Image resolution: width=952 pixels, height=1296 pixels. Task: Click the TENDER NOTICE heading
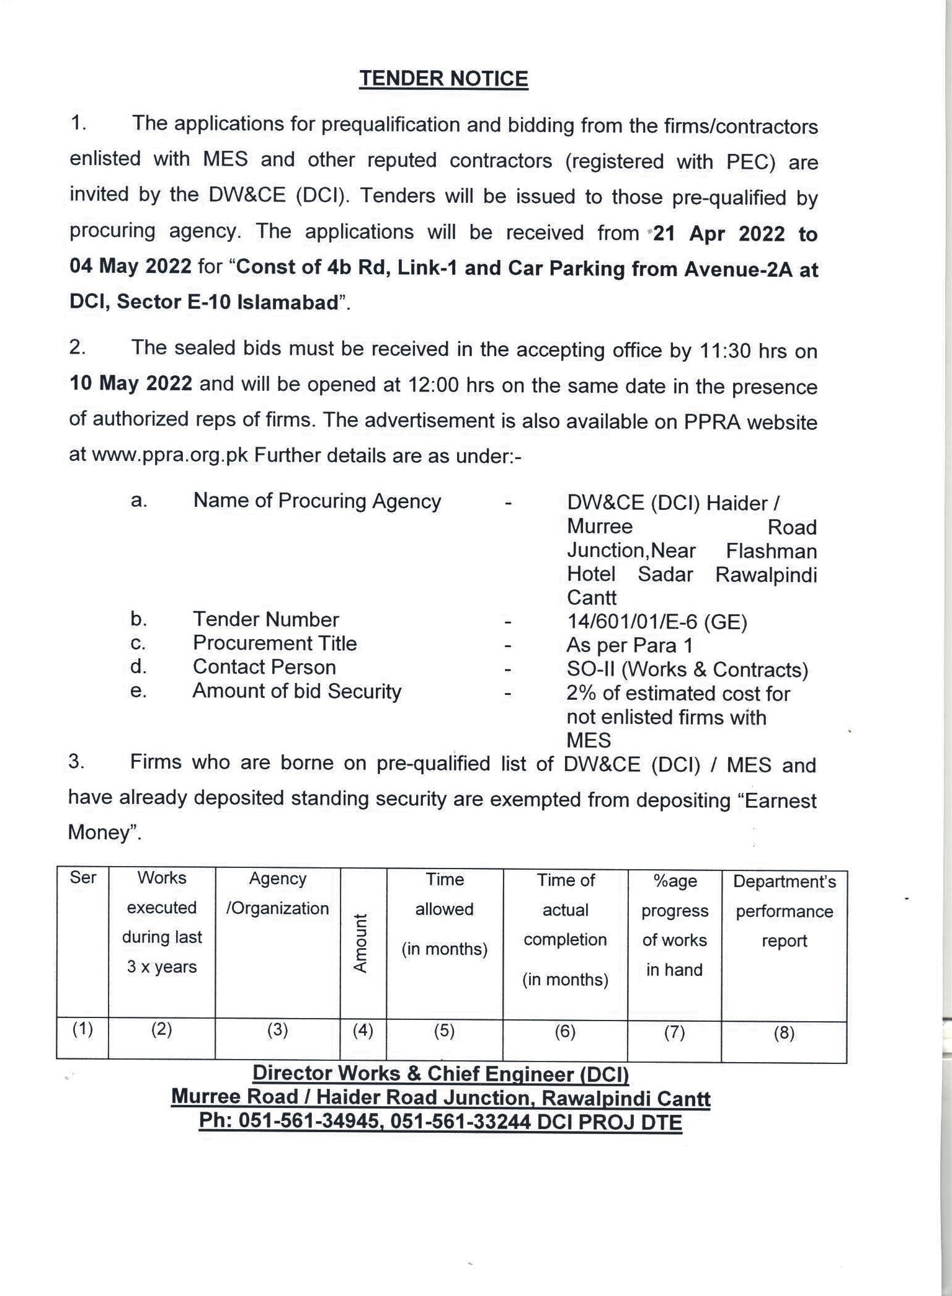pos(443,79)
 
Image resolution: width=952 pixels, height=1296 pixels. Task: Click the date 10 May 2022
pos(131,383)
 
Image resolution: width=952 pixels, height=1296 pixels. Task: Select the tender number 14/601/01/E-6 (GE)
pos(657,621)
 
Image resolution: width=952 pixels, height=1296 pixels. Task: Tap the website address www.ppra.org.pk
pos(170,455)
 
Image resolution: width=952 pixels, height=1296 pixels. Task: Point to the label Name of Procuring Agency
pos(317,501)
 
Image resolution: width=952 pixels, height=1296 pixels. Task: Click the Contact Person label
pos(264,667)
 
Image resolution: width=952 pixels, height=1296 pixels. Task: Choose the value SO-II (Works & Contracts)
pos(687,669)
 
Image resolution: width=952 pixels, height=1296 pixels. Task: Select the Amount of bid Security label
pos(296,691)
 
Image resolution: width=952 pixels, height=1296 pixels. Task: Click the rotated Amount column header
pos(361,943)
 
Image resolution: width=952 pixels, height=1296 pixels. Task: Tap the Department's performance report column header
pos(784,911)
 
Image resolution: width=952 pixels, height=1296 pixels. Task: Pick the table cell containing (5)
pos(444,1031)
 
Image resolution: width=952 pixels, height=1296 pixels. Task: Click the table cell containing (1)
pos(82,1030)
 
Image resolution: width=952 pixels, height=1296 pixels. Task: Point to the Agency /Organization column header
pos(277,893)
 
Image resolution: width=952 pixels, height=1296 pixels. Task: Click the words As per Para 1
pos(629,645)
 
